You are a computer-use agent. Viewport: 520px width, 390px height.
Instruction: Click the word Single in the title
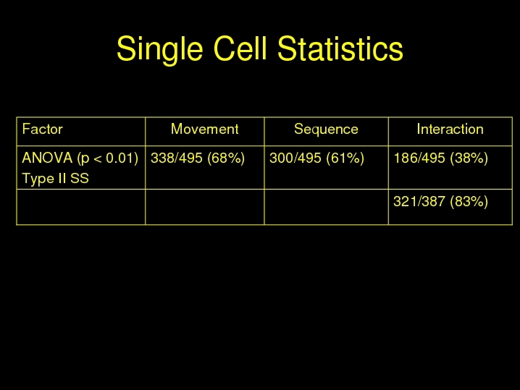coord(159,49)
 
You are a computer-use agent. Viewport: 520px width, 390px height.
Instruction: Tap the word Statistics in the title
coord(340,48)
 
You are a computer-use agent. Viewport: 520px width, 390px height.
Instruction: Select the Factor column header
coord(43,129)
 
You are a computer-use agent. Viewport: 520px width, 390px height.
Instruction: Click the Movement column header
coord(205,129)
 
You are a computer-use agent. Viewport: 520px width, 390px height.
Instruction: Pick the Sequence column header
coord(326,130)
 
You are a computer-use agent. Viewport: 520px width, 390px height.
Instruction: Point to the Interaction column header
coord(450,129)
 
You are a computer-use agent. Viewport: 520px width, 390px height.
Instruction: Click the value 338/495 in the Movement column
coord(177,158)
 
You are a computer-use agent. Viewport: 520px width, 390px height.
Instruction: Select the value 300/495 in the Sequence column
coord(295,158)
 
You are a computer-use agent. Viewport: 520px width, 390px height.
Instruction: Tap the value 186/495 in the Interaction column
coord(419,158)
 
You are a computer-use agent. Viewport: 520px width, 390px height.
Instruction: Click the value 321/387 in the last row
coord(419,201)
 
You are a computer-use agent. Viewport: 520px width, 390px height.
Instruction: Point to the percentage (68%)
coord(226,158)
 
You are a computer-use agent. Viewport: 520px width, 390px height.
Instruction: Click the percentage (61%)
coord(345,158)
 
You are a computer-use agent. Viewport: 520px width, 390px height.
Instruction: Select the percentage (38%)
coord(469,158)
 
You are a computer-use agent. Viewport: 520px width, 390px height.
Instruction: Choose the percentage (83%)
coord(469,202)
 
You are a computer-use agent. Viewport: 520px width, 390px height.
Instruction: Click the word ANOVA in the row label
coord(47,158)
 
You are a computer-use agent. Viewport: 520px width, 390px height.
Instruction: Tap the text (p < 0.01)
coord(108,158)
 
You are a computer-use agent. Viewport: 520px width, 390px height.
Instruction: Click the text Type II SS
coord(55,179)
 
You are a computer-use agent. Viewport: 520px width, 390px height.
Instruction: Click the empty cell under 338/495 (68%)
coord(205,207)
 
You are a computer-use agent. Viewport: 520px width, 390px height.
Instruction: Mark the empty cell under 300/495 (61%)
coord(327,207)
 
